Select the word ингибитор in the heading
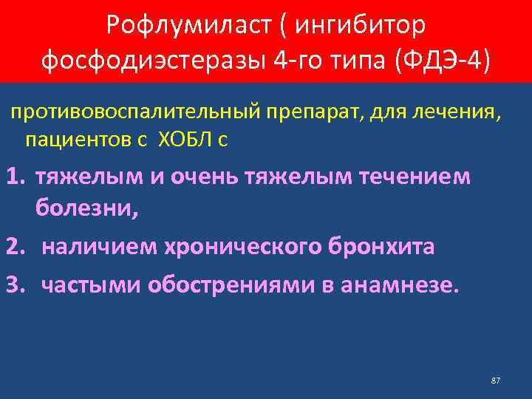pos(361,26)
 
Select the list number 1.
pos(16,177)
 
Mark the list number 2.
pos(16,246)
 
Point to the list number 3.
pos(16,285)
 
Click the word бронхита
pos(381,246)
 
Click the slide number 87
pos(496,380)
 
